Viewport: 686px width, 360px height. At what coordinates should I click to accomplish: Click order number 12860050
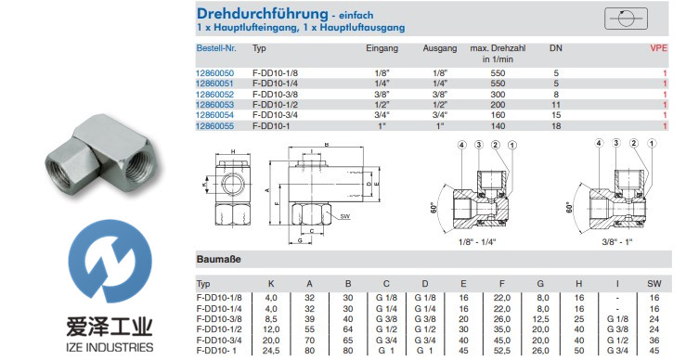(215, 72)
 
